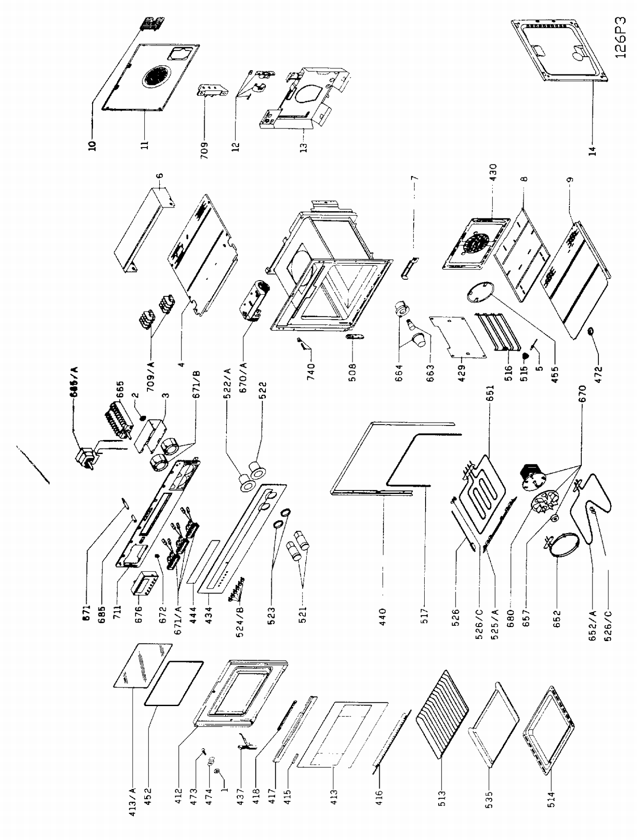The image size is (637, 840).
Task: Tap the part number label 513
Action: (442, 799)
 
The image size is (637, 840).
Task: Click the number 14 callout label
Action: (593, 150)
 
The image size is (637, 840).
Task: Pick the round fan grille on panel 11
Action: (155, 77)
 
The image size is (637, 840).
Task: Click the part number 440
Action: (383, 614)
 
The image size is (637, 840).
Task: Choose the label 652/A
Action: (593, 624)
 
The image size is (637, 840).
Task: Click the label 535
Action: (488, 799)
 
